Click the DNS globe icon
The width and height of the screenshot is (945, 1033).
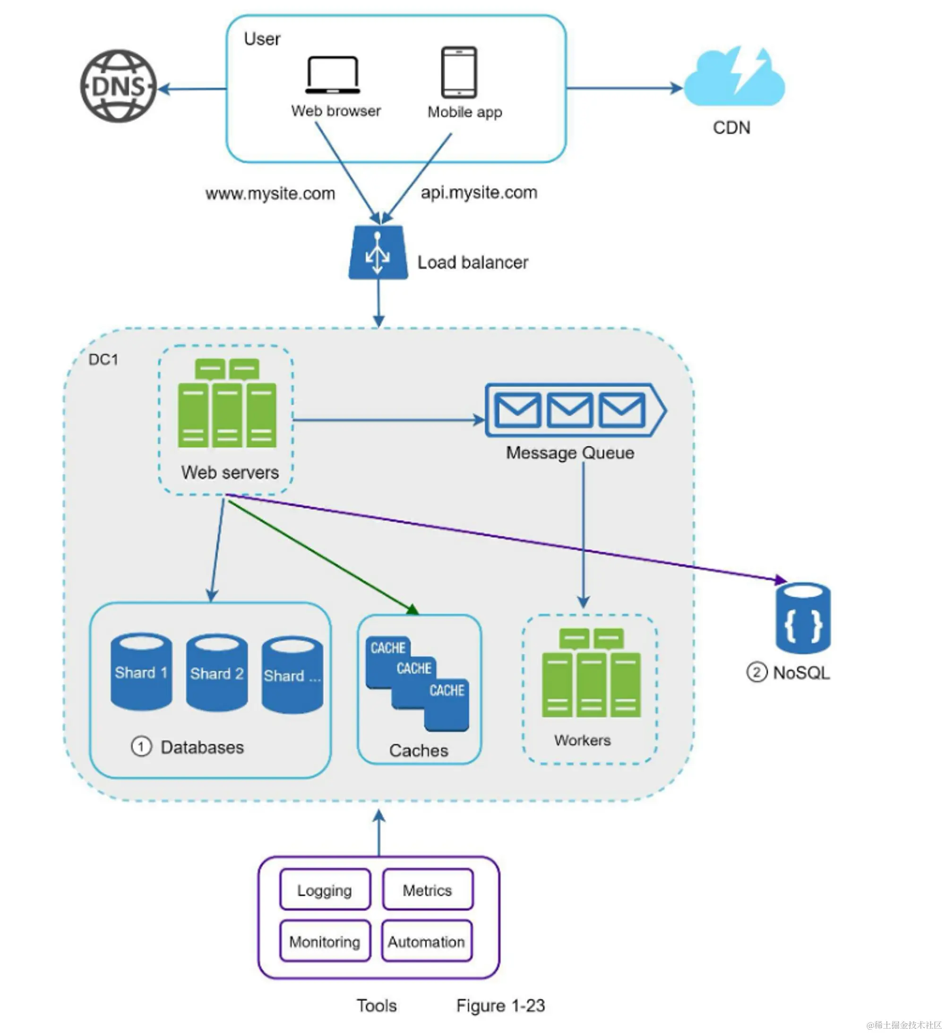(x=118, y=86)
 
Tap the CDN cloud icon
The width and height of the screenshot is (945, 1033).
(x=734, y=77)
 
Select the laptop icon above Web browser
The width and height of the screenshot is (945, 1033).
(x=333, y=75)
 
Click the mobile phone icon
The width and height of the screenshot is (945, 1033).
(x=459, y=72)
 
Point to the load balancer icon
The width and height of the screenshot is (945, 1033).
(x=378, y=253)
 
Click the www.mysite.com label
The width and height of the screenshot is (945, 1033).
(x=270, y=194)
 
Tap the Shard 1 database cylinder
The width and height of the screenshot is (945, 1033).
(x=141, y=671)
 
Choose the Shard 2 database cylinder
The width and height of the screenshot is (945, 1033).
(x=217, y=672)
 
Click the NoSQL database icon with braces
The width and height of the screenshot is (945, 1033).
(x=803, y=618)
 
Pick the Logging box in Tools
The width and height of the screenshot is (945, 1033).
(x=325, y=891)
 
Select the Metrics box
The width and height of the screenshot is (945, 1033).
(x=427, y=891)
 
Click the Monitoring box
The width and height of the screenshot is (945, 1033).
(x=325, y=942)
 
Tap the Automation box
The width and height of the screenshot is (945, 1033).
(x=426, y=942)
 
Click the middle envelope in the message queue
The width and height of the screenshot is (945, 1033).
(x=569, y=410)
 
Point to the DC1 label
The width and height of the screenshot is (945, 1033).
(x=103, y=360)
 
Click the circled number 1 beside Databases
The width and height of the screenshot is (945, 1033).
(x=141, y=747)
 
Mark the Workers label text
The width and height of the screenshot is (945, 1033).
(x=583, y=740)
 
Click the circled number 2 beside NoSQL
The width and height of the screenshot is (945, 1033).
(x=756, y=672)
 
